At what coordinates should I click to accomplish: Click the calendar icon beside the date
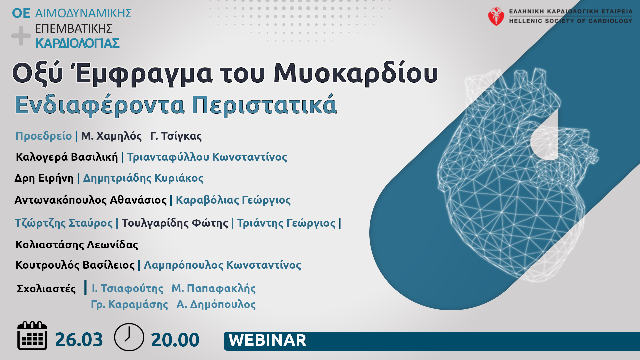click(x=32, y=336)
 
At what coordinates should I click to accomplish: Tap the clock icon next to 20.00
click(x=129, y=337)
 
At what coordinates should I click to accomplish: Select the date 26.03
click(x=79, y=340)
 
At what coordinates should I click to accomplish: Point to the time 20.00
click(x=175, y=340)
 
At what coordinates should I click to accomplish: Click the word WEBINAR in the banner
click(x=267, y=340)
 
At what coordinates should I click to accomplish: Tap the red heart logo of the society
click(x=496, y=16)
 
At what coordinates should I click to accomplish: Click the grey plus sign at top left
click(x=21, y=36)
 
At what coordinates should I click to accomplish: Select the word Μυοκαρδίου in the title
click(x=356, y=74)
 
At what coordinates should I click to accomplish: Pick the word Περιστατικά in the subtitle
click(x=264, y=105)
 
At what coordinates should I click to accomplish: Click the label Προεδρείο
click(x=44, y=136)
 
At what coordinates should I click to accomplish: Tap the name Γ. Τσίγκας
click(x=176, y=136)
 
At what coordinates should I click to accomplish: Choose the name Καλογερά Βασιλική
click(x=67, y=157)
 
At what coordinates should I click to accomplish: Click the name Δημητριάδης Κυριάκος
click(x=143, y=178)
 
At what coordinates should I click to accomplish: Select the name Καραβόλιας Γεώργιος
click(x=233, y=200)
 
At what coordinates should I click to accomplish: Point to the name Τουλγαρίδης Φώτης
click(x=175, y=223)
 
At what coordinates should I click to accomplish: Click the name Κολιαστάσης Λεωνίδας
click(x=77, y=245)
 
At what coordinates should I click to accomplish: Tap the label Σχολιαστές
click(x=46, y=289)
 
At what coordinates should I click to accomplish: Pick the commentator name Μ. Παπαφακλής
click(x=214, y=288)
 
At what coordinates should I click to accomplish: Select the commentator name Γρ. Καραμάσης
click(x=129, y=304)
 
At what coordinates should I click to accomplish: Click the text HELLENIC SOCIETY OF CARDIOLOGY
click(x=571, y=21)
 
